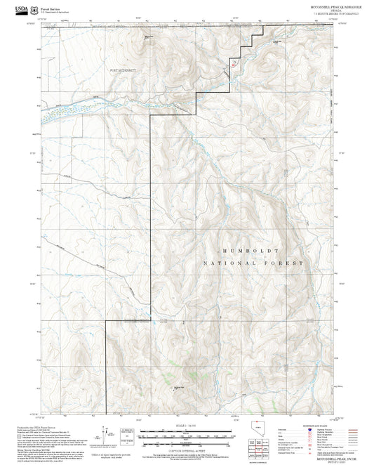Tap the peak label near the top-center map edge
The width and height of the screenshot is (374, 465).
(x=149, y=37)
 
